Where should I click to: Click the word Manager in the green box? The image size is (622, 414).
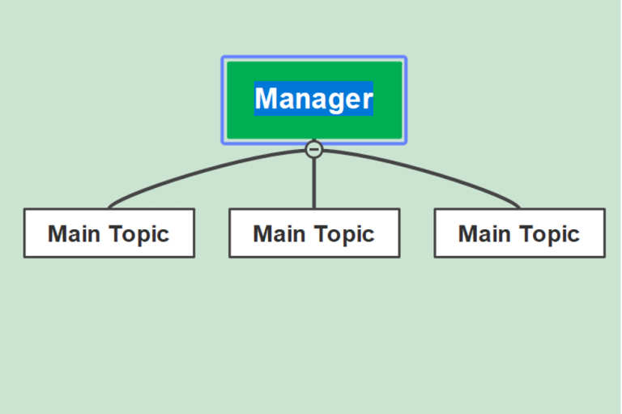[x=313, y=99]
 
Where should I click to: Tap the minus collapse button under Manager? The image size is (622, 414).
[x=314, y=149]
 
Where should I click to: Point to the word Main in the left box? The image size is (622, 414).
[x=75, y=234]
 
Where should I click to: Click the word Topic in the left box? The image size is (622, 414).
[x=138, y=234]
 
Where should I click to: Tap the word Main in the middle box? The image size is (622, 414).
[x=279, y=234]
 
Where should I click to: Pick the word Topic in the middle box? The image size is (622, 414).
[x=343, y=234]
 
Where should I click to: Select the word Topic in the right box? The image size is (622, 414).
[x=549, y=234]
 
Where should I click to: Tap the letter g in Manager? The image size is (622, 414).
[x=332, y=100]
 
